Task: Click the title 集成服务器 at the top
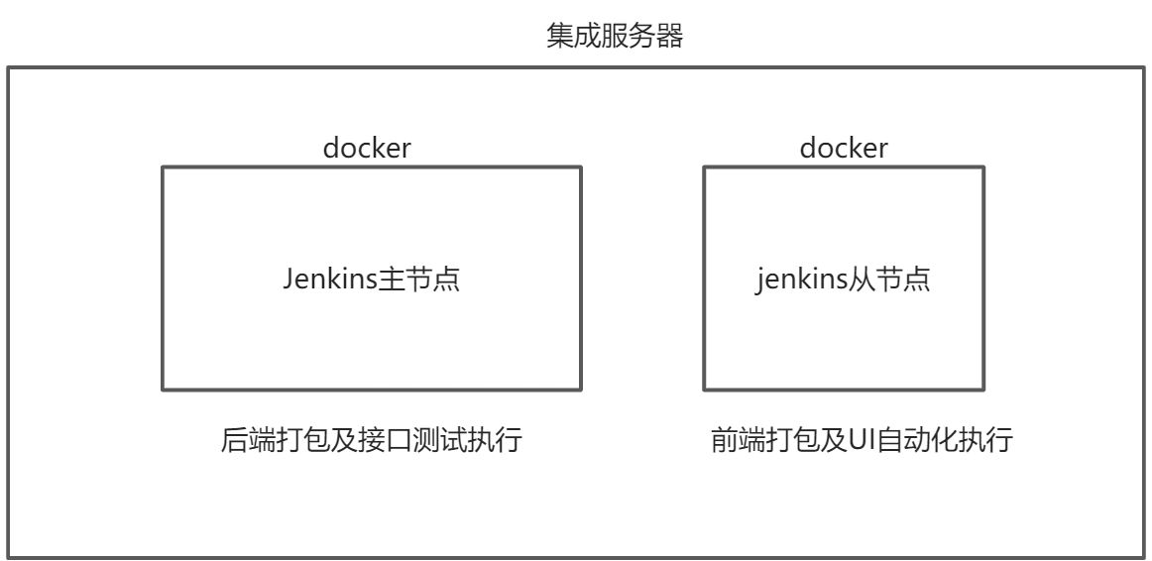pyautogui.click(x=615, y=37)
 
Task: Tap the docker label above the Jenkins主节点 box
pyautogui.click(x=367, y=149)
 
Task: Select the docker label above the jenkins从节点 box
pyautogui.click(x=844, y=149)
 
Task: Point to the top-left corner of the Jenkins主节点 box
pyautogui.click(x=163, y=168)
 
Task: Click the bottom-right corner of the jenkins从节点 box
pyautogui.click(x=983, y=390)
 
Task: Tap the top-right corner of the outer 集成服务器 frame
pyautogui.click(x=1144, y=67)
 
